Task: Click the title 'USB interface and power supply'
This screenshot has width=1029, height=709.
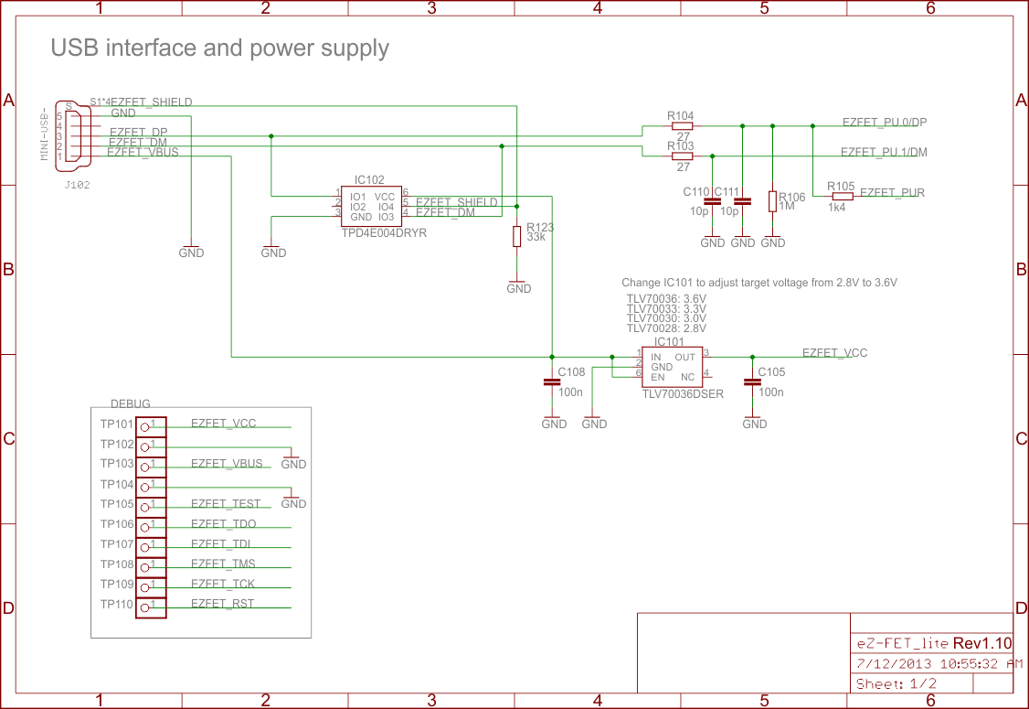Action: pyautogui.click(x=219, y=48)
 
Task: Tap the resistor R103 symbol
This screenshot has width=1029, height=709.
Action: pyautogui.click(x=681, y=156)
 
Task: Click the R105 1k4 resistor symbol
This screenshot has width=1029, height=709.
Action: pyautogui.click(x=841, y=196)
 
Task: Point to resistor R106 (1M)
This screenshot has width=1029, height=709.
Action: pyautogui.click(x=773, y=201)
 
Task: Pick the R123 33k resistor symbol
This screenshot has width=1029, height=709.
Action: pyautogui.click(x=517, y=236)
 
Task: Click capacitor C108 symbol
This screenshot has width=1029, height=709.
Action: pyautogui.click(x=551, y=383)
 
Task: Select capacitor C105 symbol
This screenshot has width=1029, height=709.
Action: pyautogui.click(x=752, y=383)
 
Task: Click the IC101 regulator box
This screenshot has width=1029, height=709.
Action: pyautogui.click(x=672, y=367)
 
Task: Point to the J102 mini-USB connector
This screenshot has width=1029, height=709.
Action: pyautogui.click(x=73, y=134)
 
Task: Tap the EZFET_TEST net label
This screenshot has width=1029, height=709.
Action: pyautogui.click(x=226, y=504)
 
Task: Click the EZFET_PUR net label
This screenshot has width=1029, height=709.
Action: pyautogui.click(x=893, y=192)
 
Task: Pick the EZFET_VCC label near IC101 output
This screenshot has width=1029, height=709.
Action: pyautogui.click(x=834, y=352)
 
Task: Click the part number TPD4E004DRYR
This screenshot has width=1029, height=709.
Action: pyautogui.click(x=384, y=233)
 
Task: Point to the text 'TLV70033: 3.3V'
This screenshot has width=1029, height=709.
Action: pyautogui.click(x=666, y=308)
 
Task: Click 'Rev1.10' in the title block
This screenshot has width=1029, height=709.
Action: pyautogui.click(x=982, y=643)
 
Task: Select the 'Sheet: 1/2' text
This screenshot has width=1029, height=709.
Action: pyautogui.click(x=896, y=684)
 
